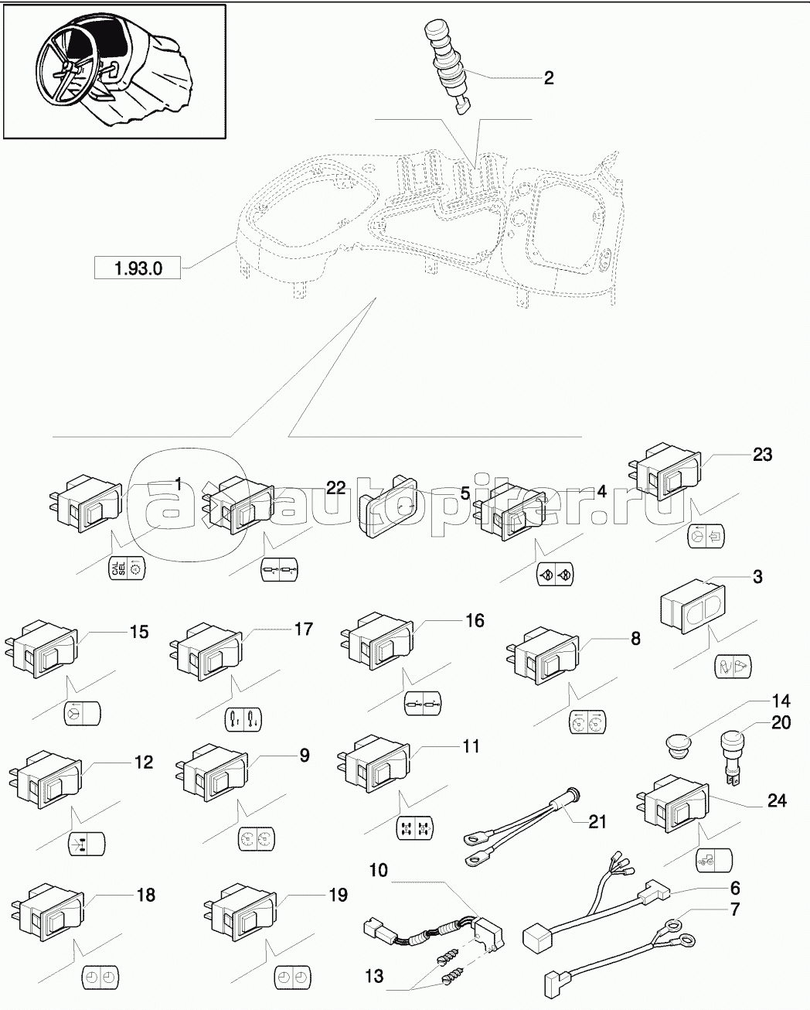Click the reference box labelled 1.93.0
click(x=137, y=268)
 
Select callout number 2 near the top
click(x=549, y=77)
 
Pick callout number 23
click(x=761, y=455)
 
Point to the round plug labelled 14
click(x=680, y=746)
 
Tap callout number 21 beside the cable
click(x=597, y=821)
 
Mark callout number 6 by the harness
click(x=734, y=888)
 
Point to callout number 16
click(x=474, y=621)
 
